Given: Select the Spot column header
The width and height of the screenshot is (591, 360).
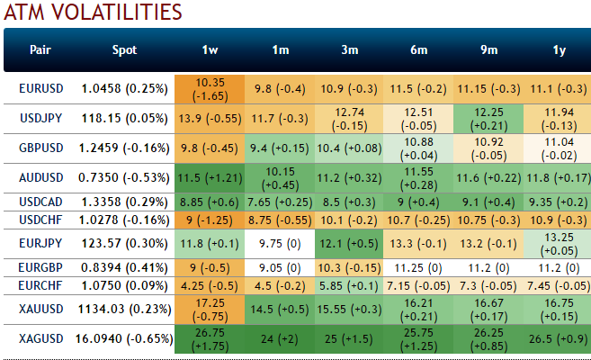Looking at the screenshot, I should [125, 50].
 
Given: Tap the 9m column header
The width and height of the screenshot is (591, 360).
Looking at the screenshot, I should [488, 50].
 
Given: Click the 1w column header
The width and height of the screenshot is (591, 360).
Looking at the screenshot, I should [209, 50].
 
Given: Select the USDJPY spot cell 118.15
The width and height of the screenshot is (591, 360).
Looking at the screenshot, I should [124, 118].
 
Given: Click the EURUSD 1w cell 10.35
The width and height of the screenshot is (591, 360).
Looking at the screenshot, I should [209, 88].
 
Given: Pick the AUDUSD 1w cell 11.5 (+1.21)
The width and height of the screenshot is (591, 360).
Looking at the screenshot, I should [209, 178].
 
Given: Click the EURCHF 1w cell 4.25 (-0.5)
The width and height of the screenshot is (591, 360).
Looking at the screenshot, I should [209, 285].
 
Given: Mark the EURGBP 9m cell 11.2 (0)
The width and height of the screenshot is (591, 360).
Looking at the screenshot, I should [488, 266].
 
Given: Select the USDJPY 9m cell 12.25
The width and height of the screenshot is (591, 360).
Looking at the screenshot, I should [488, 118].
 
